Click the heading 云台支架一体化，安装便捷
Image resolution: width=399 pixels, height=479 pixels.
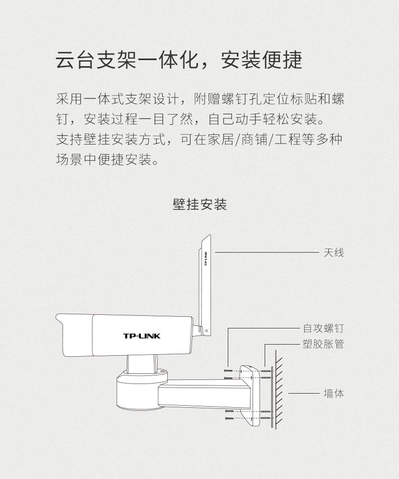179,60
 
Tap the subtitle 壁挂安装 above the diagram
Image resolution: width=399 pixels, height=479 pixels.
199,205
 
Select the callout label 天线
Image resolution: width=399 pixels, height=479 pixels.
334,252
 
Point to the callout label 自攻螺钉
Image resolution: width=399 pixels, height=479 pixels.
323,328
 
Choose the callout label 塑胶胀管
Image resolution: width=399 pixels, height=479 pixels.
323,344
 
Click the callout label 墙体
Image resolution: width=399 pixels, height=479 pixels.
334,393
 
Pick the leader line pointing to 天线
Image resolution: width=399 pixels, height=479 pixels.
265,252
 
